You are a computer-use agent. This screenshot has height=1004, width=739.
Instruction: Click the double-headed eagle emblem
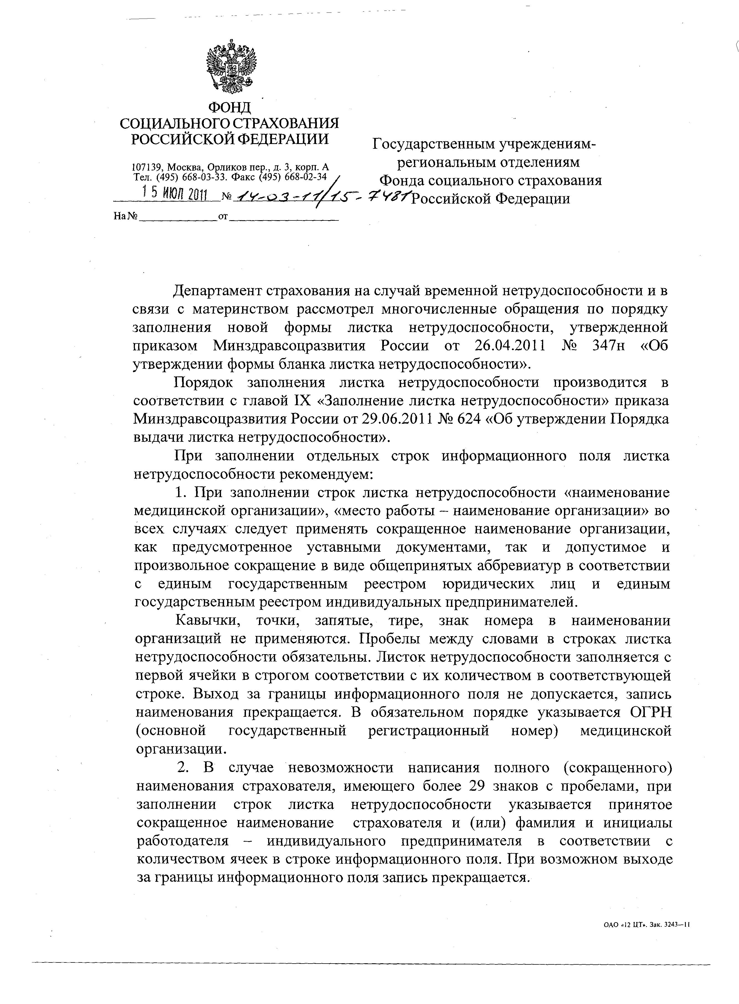(x=231, y=65)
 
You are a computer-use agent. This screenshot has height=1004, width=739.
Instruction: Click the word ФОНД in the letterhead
(x=230, y=108)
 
